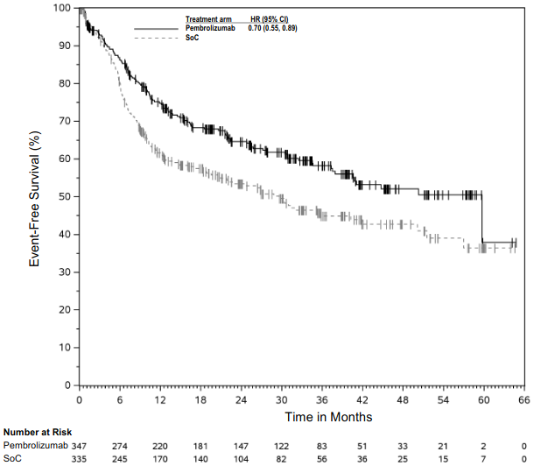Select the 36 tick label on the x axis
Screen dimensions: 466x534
pyautogui.click(x=321, y=400)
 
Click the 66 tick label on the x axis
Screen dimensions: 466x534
pyautogui.click(x=523, y=400)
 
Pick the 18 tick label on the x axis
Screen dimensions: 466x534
pyautogui.click(x=200, y=400)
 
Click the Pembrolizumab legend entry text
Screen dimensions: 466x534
pyautogui.click(x=210, y=28)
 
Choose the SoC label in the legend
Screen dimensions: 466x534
pyautogui.click(x=191, y=38)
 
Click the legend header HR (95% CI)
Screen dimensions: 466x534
pyautogui.click(x=273, y=18)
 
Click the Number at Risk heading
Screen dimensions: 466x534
pyautogui.click(x=38, y=432)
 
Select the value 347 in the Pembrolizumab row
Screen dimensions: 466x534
pyautogui.click(x=80, y=446)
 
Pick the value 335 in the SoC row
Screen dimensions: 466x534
pyautogui.click(x=80, y=458)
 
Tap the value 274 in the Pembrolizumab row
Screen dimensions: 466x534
pyautogui.click(x=120, y=446)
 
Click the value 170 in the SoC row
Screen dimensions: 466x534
pyautogui.click(x=160, y=458)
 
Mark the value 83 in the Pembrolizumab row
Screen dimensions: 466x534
pyautogui.click(x=321, y=446)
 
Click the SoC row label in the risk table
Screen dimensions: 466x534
pyautogui.click(x=13, y=458)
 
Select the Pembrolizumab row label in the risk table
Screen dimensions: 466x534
pyautogui.click(x=35, y=446)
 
